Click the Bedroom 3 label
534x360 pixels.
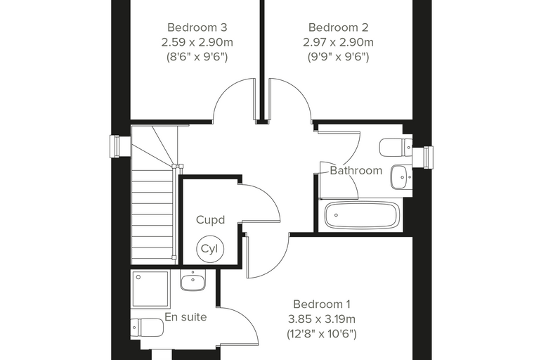coord(197,27)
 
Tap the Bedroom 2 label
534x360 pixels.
coord(338,27)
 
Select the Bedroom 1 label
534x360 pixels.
coord(322,304)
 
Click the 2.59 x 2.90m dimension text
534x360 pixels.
coord(197,42)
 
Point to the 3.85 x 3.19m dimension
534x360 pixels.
coord(322,319)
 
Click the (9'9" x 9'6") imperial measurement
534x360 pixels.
coord(338,56)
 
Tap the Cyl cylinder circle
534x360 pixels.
coord(210,249)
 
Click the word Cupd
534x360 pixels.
coord(211,220)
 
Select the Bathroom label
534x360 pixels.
coord(356,170)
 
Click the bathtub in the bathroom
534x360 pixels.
coord(362,215)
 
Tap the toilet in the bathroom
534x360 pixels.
coord(396,148)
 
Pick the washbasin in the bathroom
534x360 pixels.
coord(401,177)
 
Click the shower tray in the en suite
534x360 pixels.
coord(150,289)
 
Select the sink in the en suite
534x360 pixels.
coord(193,281)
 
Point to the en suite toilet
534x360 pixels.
coord(147,328)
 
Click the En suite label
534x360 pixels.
coord(185,317)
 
